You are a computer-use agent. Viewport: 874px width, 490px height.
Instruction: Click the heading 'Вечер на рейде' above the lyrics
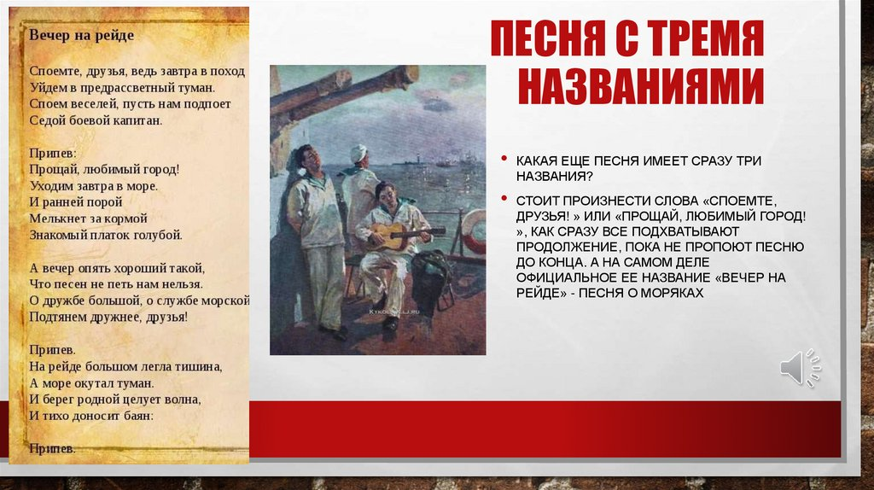pyautogui.click(x=81, y=36)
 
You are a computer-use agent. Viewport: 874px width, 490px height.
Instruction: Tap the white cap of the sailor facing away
pyautogui.click(x=358, y=153)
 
